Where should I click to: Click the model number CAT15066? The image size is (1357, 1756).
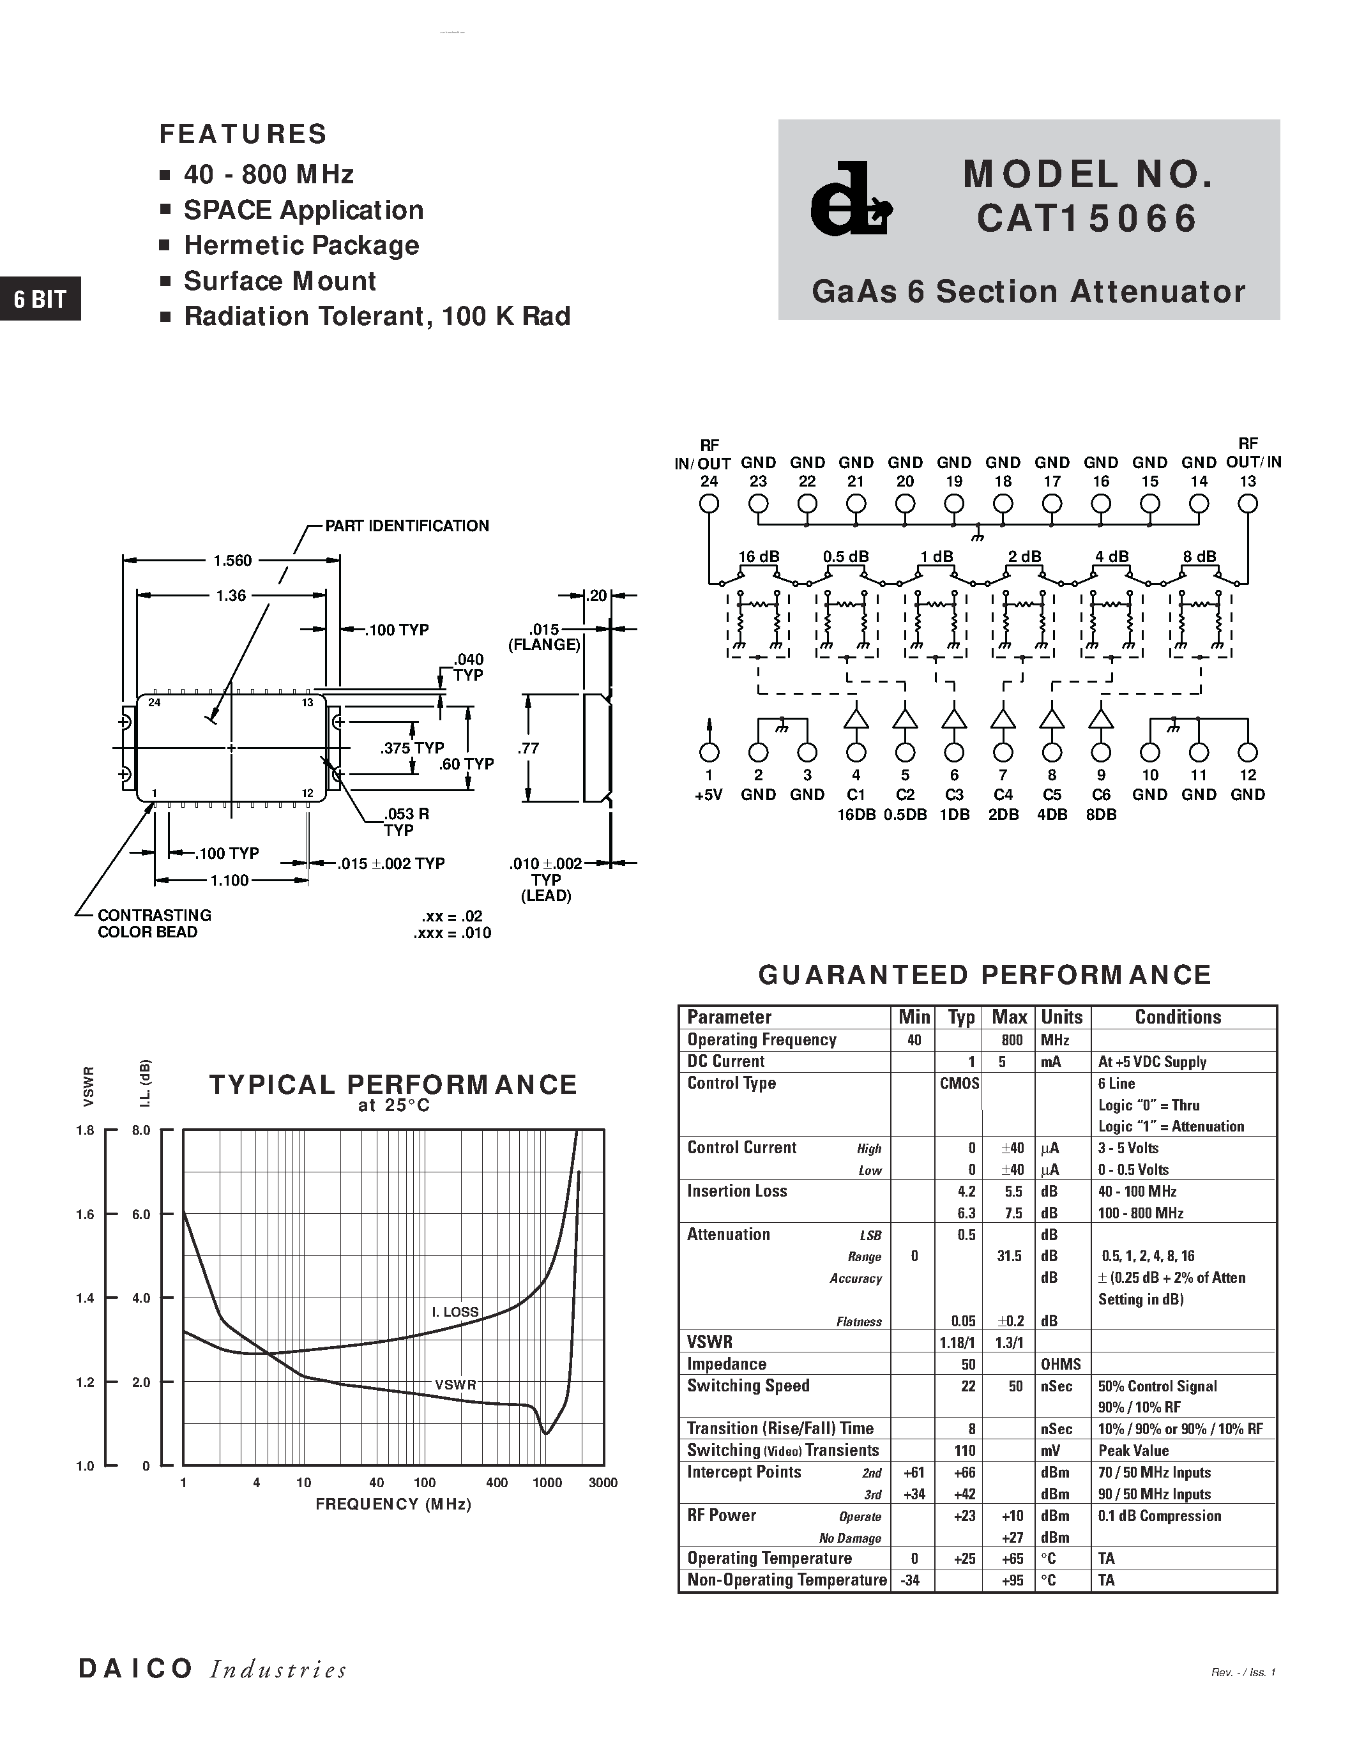tap(1087, 218)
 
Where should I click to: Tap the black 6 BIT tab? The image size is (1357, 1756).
tap(40, 299)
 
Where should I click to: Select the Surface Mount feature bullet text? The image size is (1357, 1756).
tap(280, 280)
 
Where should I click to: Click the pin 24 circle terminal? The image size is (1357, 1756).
tap(708, 504)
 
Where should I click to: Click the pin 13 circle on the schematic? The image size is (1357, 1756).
tap(1247, 504)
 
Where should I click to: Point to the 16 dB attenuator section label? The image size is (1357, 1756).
tap(758, 556)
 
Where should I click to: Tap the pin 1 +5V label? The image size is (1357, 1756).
tap(708, 794)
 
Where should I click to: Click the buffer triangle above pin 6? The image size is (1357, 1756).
tap(954, 718)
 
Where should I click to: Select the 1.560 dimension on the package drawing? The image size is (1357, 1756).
tap(232, 561)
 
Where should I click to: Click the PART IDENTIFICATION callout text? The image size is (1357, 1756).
tap(407, 526)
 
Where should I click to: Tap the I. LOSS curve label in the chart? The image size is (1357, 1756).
tap(455, 1312)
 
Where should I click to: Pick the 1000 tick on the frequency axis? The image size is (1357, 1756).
tap(547, 1483)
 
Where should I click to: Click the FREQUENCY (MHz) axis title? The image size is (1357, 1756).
tap(393, 1504)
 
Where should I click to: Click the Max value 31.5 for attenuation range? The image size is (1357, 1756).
tap(1009, 1256)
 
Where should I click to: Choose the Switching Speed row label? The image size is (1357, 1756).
tap(748, 1386)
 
